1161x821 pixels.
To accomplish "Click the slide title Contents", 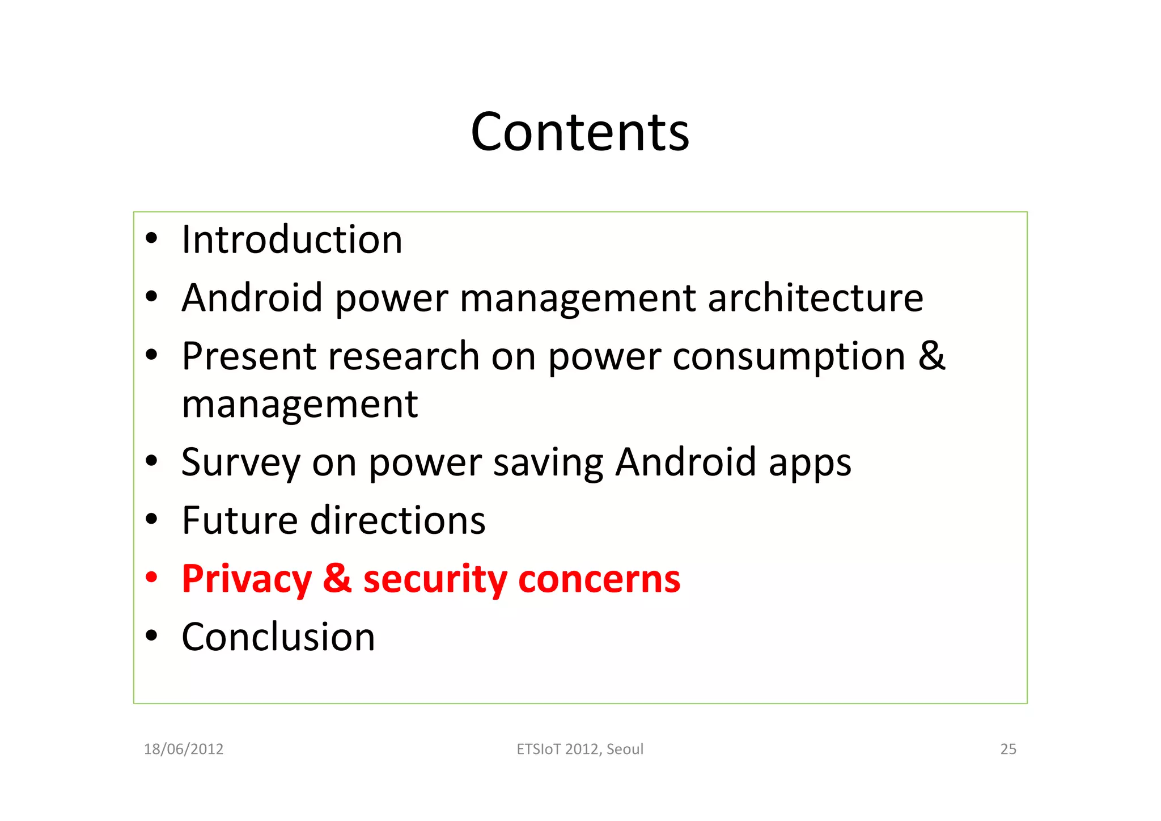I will pyautogui.click(x=580, y=132).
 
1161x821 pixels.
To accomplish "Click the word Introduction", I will pyautogui.click(x=292, y=239).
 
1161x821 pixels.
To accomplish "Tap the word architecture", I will pyautogui.click(x=815, y=298).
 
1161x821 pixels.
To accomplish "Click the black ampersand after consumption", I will pyautogui.click(x=932, y=355).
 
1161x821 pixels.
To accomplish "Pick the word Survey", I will pyautogui.click(x=240, y=462).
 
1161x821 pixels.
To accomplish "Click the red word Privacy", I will pyautogui.click(x=247, y=579).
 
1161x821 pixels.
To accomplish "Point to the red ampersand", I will pyautogui.click(x=337, y=578).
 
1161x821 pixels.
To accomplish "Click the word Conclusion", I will pyautogui.click(x=278, y=637).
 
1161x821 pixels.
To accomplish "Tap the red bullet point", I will pyautogui.click(x=151, y=578).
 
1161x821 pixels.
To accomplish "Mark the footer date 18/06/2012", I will pyautogui.click(x=184, y=750).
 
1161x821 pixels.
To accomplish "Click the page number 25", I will pyautogui.click(x=1008, y=750).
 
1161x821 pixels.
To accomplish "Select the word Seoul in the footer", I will pyautogui.click(x=625, y=750).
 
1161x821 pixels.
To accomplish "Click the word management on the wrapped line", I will pyautogui.click(x=300, y=405).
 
